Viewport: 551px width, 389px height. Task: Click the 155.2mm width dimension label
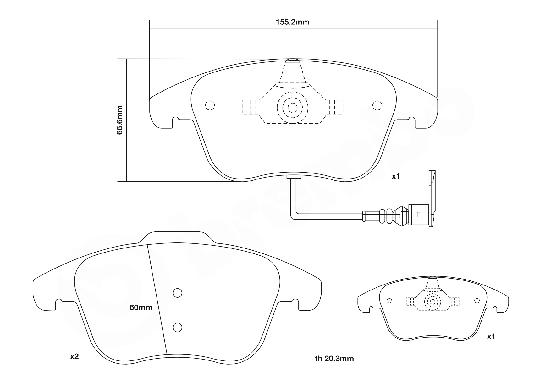coord(292,22)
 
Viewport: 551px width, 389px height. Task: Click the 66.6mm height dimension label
coord(120,120)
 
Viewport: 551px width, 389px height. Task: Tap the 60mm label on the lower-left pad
coord(141,308)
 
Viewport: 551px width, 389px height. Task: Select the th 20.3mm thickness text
coord(334,359)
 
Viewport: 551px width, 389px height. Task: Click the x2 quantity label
coord(74,357)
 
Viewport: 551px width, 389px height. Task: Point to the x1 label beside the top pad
coord(395,177)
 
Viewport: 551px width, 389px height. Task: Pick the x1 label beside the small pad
coord(491,337)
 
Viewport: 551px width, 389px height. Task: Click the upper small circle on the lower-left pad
coord(178,293)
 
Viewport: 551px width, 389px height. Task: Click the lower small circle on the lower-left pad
coord(178,328)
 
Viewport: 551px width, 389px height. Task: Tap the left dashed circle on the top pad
coord(210,105)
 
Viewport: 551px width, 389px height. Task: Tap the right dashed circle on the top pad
coord(377,105)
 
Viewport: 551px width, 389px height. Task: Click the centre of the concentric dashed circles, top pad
coord(292,108)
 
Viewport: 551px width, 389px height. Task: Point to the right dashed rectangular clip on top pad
coord(335,107)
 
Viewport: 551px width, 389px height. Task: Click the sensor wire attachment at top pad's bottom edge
coord(294,177)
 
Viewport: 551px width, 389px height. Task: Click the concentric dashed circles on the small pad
coord(432,302)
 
